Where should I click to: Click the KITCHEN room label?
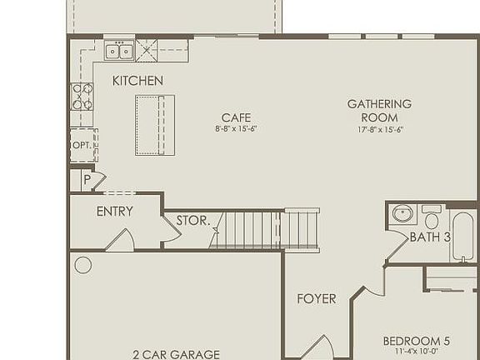click(x=137, y=81)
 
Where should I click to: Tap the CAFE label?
click(x=236, y=117)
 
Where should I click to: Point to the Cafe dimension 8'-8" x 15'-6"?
click(x=236, y=129)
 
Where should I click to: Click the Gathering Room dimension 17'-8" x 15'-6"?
click(x=379, y=129)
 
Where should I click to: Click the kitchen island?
click(x=155, y=125)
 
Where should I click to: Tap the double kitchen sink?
click(x=119, y=52)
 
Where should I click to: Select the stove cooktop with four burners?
click(x=82, y=97)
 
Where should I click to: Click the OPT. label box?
click(x=81, y=144)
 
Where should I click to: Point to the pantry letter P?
click(x=86, y=179)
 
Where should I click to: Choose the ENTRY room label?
click(x=114, y=212)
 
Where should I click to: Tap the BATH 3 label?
click(x=429, y=237)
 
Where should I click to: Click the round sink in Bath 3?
click(x=403, y=213)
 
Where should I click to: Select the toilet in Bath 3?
click(x=432, y=218)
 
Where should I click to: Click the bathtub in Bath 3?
click(x=462, y=236)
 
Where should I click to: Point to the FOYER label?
click(x=317, y=298)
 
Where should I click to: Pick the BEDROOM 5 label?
click(x=416, y=341)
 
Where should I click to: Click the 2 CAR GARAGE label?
click(x=176, y=354)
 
